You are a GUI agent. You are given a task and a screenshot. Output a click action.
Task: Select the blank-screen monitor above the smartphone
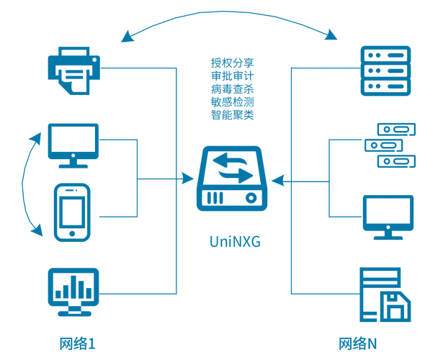[x=74, y=143]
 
